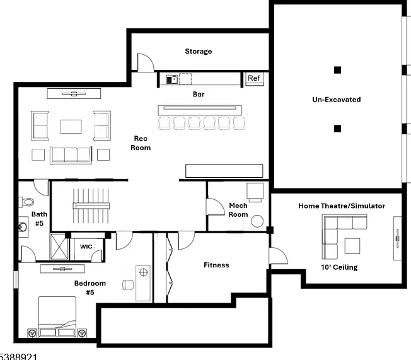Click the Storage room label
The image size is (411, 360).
tap(199, 51)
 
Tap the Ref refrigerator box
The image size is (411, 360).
tap(255, 79)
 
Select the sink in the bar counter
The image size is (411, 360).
tap(172, 79)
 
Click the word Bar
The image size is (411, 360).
tap(199, 94)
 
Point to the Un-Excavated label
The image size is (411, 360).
tap(337, 100)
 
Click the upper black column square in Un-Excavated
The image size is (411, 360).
tap(338, 70)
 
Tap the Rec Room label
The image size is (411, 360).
tap(141, 143)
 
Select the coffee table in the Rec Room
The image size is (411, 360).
tap(71, 127)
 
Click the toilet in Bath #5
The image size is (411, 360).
tap(26, 202)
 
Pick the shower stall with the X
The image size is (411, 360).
tap(59, 247)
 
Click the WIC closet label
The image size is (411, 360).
tap(86, 247)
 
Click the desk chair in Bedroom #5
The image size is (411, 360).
tap(128, 285)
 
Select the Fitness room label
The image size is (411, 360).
tap(216, 265)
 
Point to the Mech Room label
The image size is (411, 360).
tap(238, 210)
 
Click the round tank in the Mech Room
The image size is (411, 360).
tap(257, 221)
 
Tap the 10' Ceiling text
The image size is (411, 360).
tap(339, 267)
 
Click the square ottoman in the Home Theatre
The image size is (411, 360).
tap(352, 246)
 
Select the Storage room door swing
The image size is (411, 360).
tap(146, 62)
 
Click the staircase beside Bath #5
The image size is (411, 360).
tap(91, 206)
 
